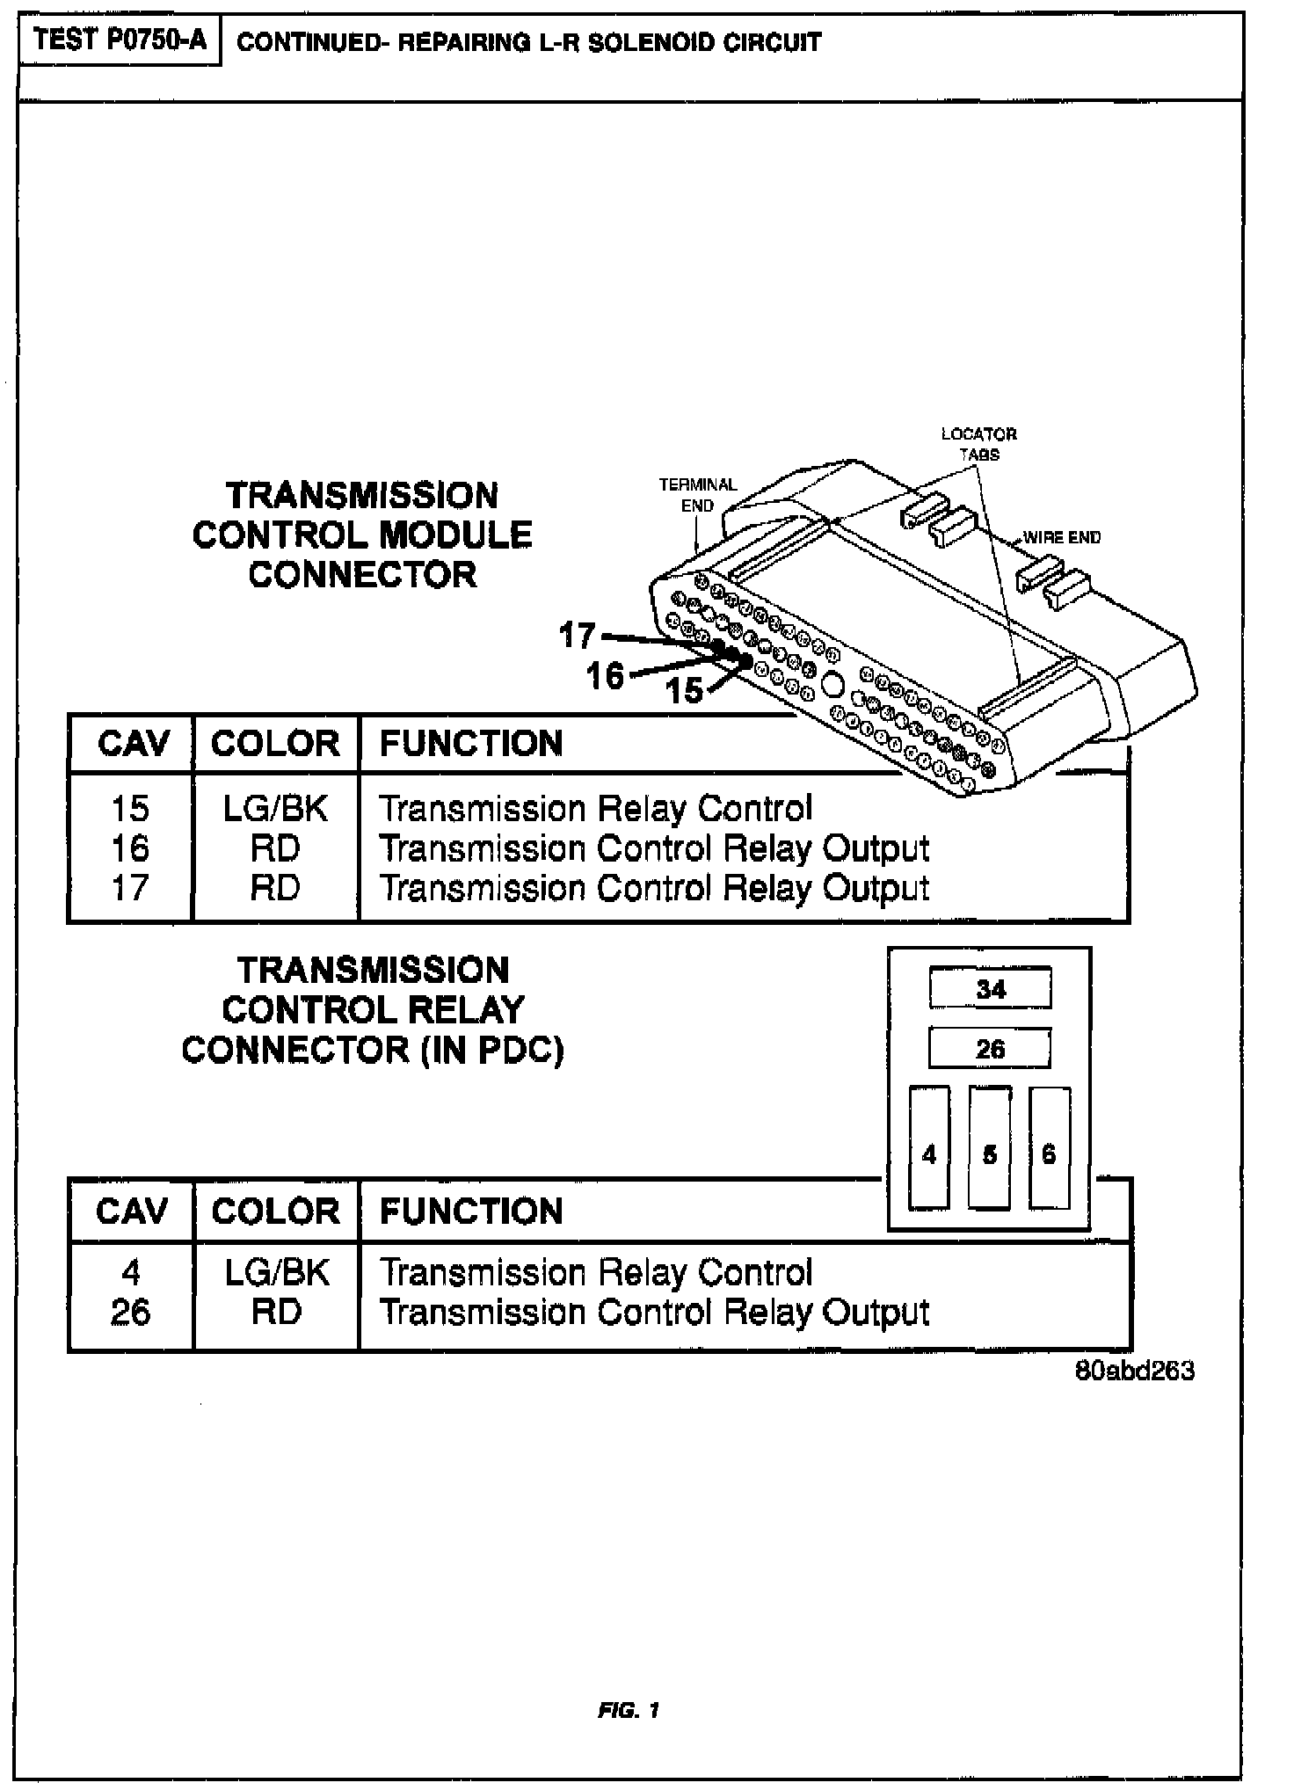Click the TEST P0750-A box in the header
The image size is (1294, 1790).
120,41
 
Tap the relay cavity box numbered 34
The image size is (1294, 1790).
990,989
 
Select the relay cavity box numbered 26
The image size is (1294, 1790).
990,1049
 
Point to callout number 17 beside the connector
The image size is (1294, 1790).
578,635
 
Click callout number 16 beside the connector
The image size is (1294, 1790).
605,676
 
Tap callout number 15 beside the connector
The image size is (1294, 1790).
685,691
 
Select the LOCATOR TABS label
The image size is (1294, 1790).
978,444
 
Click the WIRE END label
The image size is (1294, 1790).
1062,537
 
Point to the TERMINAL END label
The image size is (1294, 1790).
698,495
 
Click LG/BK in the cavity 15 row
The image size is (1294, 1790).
275,809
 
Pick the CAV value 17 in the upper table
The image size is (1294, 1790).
130,888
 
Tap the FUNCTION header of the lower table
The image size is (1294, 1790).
471,1212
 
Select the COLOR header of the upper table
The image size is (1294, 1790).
275,744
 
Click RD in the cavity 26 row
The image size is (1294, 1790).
275,1313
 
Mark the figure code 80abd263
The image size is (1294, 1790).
1135,1372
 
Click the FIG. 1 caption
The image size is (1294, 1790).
629,1710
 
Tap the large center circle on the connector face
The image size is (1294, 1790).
832,684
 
